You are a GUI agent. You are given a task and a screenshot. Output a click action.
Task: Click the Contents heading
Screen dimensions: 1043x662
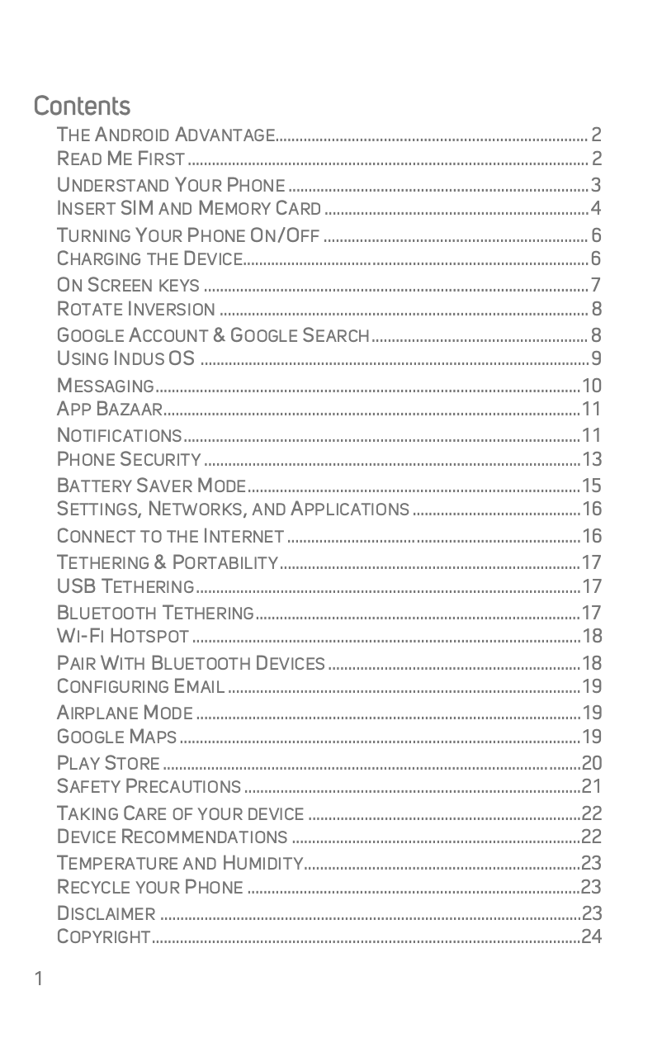point(82,107)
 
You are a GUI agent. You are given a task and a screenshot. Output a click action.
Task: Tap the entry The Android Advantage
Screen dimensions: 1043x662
point(166,135)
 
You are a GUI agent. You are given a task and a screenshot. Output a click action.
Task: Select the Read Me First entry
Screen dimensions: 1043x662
point(121,159)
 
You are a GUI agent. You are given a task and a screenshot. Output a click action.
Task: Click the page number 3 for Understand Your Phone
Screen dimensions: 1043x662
point(595,184)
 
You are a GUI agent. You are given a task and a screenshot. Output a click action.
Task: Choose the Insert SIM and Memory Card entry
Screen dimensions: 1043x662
point(189,207)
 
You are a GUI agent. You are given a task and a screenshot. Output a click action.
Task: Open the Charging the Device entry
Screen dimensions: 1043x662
point(149,259)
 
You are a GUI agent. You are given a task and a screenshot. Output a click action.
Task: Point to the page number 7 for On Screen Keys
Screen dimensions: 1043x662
point(595,286)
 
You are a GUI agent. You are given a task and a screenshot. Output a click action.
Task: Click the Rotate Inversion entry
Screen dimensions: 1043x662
point(136,310)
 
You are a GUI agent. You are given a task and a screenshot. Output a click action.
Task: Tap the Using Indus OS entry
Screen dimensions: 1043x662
point(126,358)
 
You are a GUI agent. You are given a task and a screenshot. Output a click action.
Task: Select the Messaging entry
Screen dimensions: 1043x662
point(106,386)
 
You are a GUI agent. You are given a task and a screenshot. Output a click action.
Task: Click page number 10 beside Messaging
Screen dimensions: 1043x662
point(592,386)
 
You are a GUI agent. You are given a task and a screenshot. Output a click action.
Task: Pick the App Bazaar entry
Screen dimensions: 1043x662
point(110,409)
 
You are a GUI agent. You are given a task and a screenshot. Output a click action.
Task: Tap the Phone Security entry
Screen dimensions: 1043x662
point(129,459)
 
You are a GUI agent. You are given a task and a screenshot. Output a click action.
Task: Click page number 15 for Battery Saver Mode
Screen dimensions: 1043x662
point(592,485)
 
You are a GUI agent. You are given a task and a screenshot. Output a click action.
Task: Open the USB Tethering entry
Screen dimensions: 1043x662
point(125,587)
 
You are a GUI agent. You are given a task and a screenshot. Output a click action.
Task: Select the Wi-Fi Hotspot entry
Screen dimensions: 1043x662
point(123,636)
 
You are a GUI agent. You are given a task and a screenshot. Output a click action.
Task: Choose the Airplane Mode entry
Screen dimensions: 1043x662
point(125,713)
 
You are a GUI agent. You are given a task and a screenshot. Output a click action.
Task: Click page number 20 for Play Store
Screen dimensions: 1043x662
point(592,762)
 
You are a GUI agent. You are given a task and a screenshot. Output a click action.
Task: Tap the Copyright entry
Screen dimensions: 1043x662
point(104,936)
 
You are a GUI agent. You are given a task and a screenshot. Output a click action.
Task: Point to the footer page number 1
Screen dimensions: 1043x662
point(38,980)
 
